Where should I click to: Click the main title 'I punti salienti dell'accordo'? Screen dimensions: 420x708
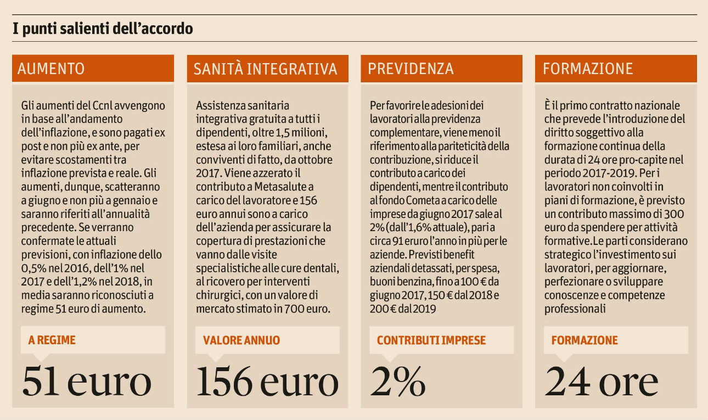point(103,29)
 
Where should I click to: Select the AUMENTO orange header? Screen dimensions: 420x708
point(51,69)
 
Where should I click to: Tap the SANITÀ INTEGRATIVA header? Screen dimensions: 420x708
point(265,69)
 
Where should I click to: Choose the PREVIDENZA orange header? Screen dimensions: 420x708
point(411,69)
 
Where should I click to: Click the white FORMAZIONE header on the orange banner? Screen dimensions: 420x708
point(588,69)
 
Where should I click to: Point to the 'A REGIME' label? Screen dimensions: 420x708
point(52,340)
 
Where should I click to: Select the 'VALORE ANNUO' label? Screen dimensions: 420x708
point(241,340)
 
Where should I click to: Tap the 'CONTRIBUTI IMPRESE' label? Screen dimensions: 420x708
point(431,340)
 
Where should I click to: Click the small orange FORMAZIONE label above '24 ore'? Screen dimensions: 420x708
point(585,340)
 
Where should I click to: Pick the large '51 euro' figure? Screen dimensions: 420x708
point(87,380)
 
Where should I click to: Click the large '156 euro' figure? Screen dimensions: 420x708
point(267,380)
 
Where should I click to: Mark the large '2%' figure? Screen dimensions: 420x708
point(398,380)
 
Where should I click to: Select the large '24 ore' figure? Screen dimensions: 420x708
point(601,380)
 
